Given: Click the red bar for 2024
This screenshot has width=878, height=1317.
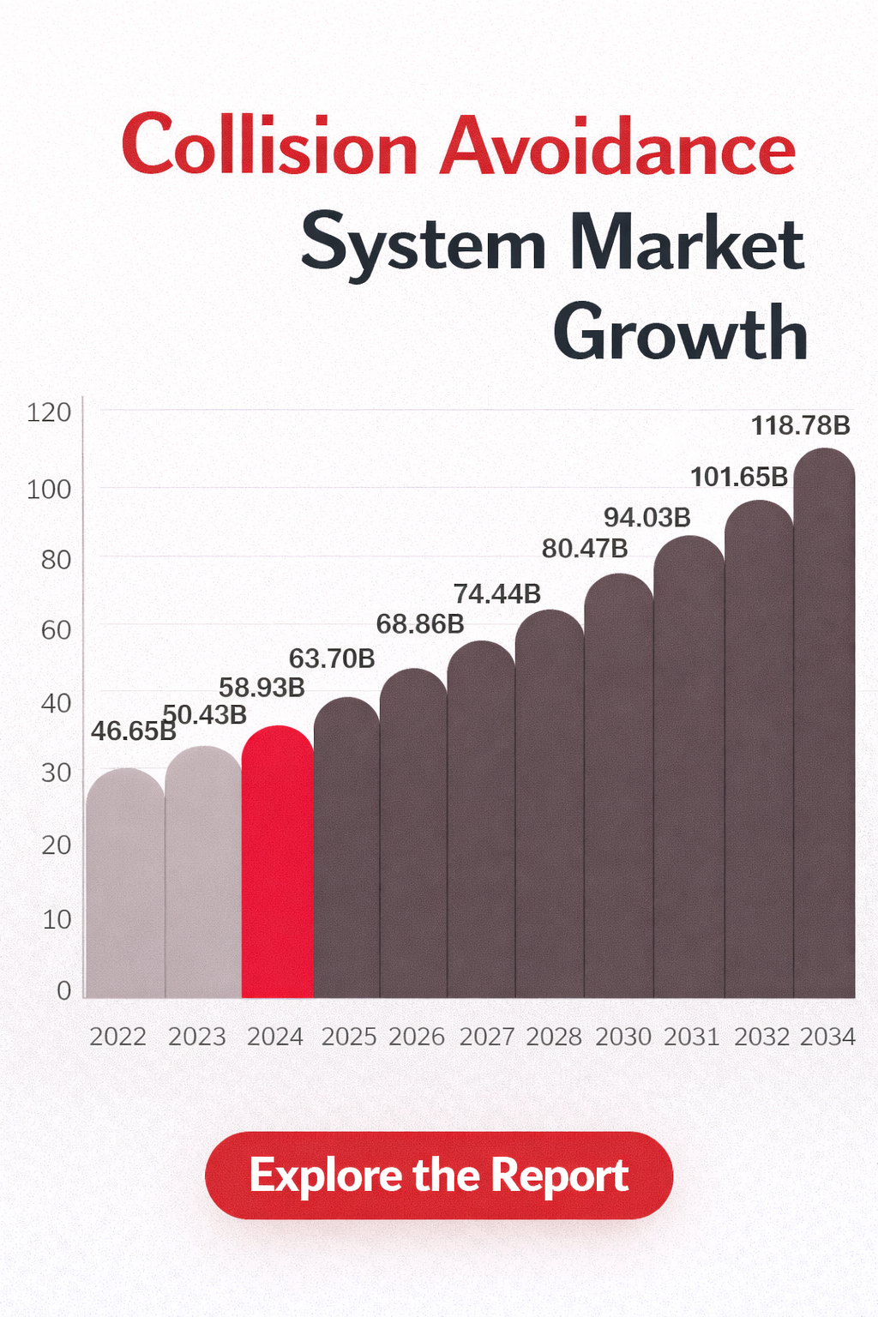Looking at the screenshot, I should point(278,866).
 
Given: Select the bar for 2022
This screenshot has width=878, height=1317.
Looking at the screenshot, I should point(125,887).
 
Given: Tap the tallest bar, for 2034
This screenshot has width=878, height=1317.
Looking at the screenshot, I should point(825,729).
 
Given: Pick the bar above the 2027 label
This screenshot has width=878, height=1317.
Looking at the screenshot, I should point(481,823).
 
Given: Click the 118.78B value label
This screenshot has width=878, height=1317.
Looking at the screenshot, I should point(801,425).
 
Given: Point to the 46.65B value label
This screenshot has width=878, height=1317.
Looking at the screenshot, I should point(133,731).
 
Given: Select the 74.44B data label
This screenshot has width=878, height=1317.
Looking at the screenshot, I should point(496,593).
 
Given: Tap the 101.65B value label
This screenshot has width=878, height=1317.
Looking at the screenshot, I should point(739,477).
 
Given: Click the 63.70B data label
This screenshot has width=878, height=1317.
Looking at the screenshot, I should point(332,658).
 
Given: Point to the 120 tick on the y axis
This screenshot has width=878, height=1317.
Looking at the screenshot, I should point(49,413).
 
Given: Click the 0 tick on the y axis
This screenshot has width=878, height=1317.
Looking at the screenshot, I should point(63,991).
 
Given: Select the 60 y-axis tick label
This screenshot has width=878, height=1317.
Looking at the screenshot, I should point(56,631).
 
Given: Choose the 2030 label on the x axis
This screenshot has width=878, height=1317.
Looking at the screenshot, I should point(623,1037).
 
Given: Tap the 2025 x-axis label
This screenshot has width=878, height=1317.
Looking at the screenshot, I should point(349,1037).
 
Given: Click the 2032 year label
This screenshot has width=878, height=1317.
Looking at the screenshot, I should point(761,1037).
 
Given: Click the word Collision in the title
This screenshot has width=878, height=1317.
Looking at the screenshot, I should point(269,146).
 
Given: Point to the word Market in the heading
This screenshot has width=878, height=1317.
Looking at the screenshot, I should point(686,244).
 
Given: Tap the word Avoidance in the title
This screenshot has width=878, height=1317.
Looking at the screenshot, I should point(618,146).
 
